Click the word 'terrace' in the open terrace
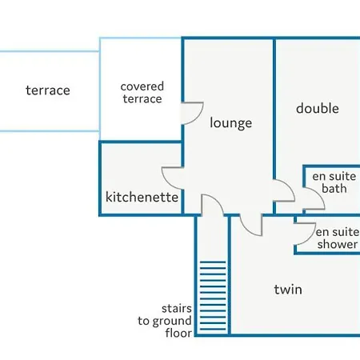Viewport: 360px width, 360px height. (48, 90)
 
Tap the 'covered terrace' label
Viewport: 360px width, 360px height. (142, 93)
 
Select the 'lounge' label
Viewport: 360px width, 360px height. (231, 123)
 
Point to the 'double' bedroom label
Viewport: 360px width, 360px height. (318, 108)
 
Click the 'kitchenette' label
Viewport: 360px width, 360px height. (142, 197)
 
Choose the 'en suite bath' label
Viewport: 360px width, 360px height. (334, 182)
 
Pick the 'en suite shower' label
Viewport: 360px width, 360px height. (338, 238)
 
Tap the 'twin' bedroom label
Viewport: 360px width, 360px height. (288, 290)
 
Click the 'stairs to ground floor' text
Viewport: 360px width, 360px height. (165, 321)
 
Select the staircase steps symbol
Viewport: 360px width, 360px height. (213, 296)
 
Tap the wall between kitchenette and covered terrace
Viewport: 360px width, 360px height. (141, 142)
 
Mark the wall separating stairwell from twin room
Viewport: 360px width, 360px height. (229, 274)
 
